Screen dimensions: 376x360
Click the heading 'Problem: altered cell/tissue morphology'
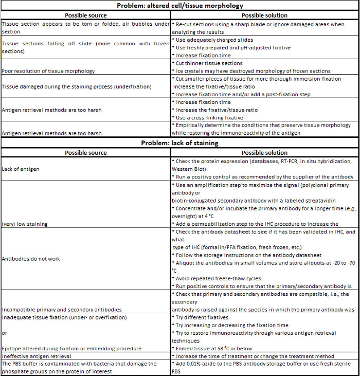180,5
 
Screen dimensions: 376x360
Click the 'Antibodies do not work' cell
32,259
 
